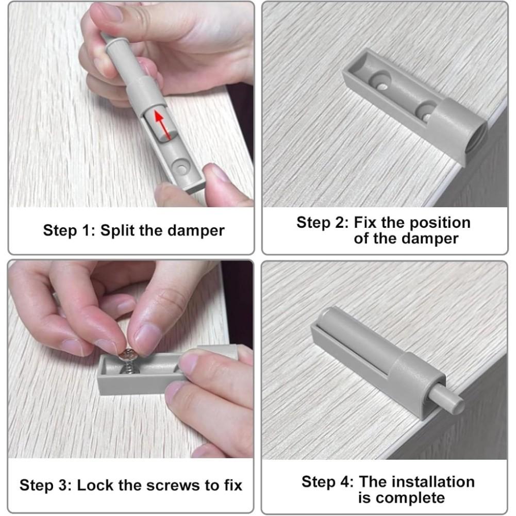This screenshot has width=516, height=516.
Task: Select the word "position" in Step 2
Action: [441, 223]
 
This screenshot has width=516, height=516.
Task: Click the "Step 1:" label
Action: [69, 231]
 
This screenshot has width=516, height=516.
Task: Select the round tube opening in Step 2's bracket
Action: [477, 138]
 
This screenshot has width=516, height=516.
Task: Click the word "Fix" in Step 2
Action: [364, 223]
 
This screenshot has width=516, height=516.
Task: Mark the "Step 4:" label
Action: [327, 482]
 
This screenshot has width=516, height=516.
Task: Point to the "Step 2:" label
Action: [323, 223]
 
